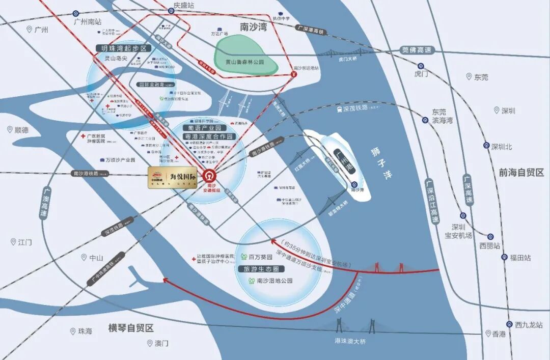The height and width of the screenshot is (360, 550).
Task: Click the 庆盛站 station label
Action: coord(184,5)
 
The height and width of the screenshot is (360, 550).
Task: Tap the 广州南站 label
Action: coord(88,22)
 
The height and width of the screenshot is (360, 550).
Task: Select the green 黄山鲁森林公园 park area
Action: coord(246,54)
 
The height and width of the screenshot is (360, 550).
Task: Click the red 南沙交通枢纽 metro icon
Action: coord(209,176)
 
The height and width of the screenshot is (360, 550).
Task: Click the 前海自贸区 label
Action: coord(521,173)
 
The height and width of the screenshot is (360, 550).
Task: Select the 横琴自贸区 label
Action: coord(131,328)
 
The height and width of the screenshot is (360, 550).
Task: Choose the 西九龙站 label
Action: coord(529,324)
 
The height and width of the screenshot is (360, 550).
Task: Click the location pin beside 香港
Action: coord(488,334)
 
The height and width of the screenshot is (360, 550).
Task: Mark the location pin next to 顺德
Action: coord(9,130)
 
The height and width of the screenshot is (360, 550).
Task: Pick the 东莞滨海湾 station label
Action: coord(443,116)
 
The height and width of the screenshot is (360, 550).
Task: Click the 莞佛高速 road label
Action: coord(417,50)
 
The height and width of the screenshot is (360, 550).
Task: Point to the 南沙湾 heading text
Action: coord(254,26)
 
